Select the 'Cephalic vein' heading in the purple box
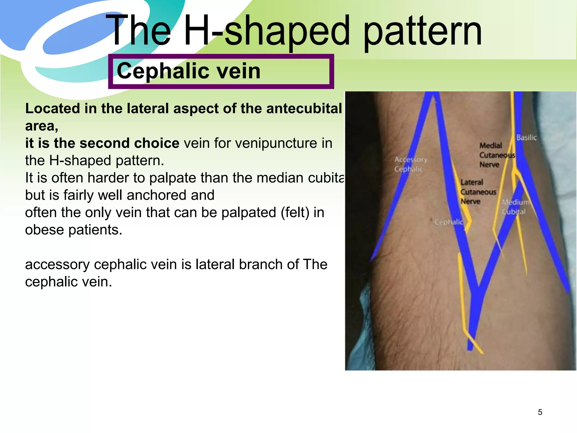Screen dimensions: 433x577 point(188,71)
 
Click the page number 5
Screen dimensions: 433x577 point(540,412)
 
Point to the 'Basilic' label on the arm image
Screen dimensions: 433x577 point(526,138)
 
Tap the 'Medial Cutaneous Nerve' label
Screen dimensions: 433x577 point(496,155)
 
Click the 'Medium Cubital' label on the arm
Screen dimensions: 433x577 point(515,207)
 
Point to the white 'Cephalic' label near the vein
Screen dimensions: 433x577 point(449,222)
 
